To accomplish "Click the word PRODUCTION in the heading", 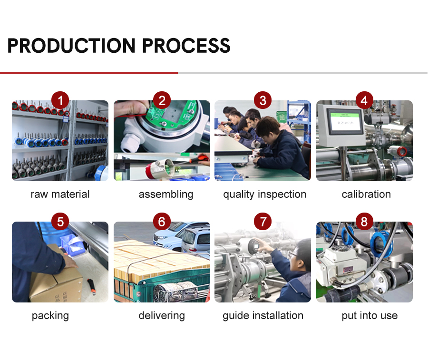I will [x=72, y=46].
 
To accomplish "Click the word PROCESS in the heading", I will [x=186, y=46].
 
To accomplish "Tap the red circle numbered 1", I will [x=60, y=100].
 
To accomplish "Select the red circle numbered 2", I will [x=162, y=100].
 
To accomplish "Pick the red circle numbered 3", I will [x=263, y=100].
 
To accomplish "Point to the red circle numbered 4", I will [x=364, y=100].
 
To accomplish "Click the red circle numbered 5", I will [x=60, y=222].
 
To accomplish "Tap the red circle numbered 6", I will [x=162, y=222].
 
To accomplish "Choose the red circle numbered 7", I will [x=263, y=222].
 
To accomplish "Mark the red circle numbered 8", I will [x=364, y=222].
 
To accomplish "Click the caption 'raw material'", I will [x=60, y=194].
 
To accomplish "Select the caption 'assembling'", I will [x=166, y=194].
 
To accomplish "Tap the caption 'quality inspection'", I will [x=264, y=194].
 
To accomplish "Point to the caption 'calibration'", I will [x=366, y=194].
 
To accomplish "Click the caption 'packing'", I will [x=50, y=315].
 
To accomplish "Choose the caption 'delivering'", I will [x=162, y=315].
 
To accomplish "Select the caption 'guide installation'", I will [x=263, y=315].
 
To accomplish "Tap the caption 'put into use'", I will [x=370, y=315].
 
